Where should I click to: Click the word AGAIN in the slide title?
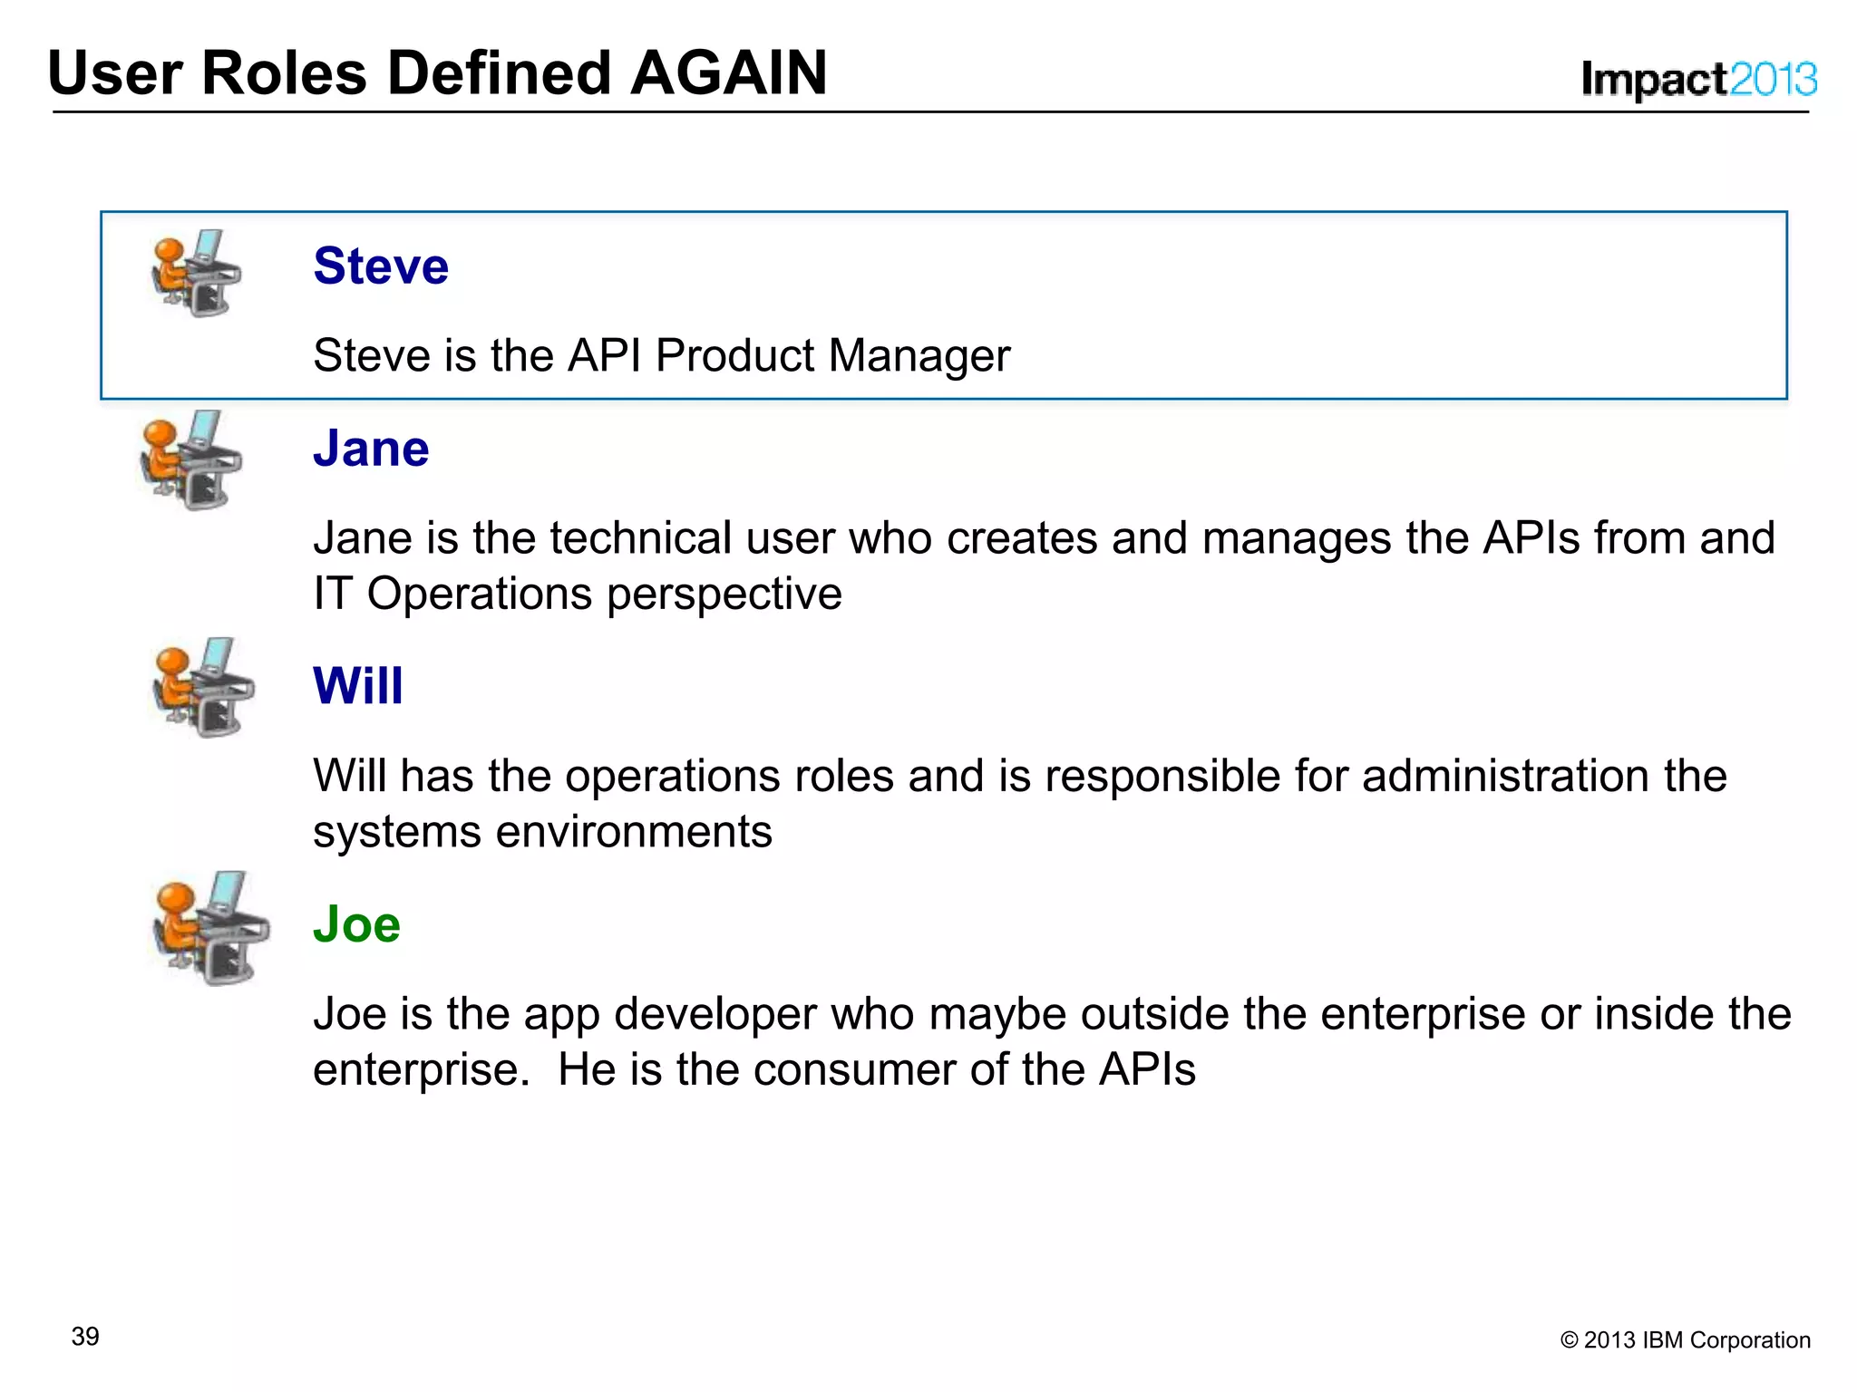tap(728, 72)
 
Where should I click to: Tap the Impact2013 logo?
tap(1698, 80)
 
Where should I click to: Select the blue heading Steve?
tap(381, 266)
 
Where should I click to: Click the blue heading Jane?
tap(371, 448)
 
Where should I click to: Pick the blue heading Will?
tap(358, 685)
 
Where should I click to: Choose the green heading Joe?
tap(356, 923)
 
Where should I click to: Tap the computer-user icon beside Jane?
tap(191, 459)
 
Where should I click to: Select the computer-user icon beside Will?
tap(203, 687)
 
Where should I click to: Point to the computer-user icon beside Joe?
tap(210, 928)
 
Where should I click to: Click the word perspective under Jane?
tap(724, 595)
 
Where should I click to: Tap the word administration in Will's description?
tap(1505, 777)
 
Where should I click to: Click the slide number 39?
tap(85, 1337)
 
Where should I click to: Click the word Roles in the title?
tap(284, 72)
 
